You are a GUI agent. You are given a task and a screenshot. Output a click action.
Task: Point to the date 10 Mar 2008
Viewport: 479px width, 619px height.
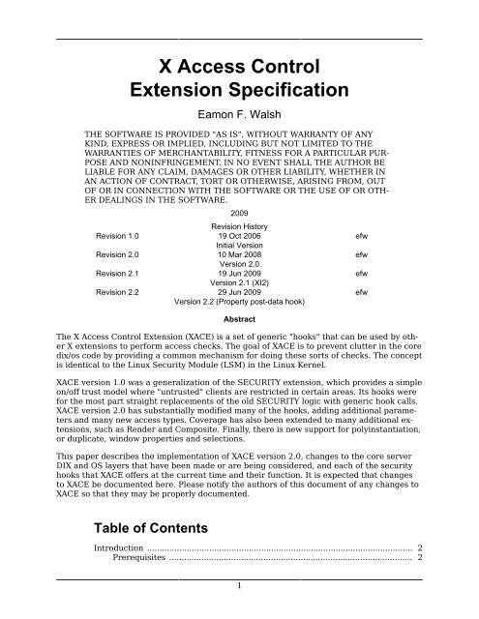click(239, 253)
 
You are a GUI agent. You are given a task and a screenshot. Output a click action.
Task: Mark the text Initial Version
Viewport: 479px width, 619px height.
click(239, 244)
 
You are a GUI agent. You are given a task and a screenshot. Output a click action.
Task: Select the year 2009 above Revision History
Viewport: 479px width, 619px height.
click(239, 211)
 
